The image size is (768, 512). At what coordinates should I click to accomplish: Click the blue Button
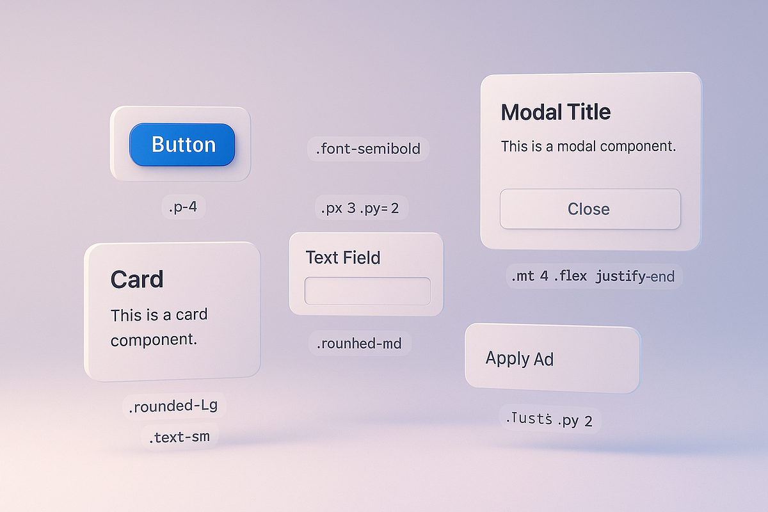click(182, 145)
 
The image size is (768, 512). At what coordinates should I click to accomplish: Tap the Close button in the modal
click(589, 209)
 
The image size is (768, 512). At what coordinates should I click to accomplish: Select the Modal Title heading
click(556, 113)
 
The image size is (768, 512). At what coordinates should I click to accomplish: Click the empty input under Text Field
click(367, 291)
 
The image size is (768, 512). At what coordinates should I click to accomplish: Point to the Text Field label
click(343, 258)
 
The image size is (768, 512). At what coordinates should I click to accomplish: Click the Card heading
click(137, 280)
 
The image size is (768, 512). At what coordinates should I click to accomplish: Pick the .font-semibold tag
click(368, 149)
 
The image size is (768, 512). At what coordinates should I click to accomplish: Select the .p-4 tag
click(184, 207)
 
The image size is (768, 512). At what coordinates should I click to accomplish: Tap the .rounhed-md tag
click(359, 344)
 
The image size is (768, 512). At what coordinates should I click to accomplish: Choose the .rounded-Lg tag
click(174, 406)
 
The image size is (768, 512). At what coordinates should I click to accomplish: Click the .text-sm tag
click(180, 438)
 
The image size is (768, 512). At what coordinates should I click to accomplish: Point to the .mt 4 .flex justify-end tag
click(594, 276)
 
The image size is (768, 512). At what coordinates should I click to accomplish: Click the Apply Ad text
click(519, 358)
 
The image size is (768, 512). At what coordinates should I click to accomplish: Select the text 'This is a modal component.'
click(588, 146)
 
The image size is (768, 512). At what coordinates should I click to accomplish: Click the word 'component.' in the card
click(154, 339)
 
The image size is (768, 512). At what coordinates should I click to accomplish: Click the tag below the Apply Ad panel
click(550, 420)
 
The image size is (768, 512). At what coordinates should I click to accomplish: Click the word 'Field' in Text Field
click(362, 258)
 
